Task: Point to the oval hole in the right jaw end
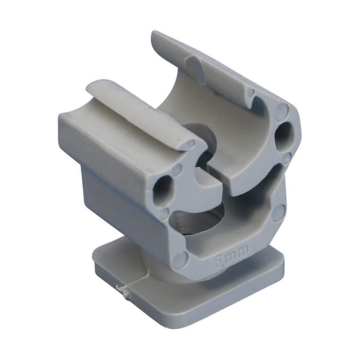pos(281,135)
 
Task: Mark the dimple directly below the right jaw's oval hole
pos(287,158)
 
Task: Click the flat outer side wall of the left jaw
pos(106,144)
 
